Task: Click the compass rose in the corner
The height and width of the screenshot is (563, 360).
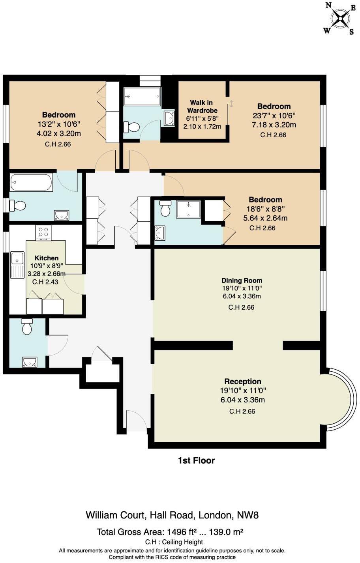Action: pyautogui.click(x=340, y=19)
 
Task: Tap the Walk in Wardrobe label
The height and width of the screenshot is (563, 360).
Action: pyautogui.click(x=202, y=106)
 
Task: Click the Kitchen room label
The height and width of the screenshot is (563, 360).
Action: pyautogui.click(x=47, y=258)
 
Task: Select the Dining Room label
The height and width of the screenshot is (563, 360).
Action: pyautogui.click(x=242, y=280)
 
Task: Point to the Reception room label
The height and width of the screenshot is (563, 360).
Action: pyautogui.click(x=243, y=381)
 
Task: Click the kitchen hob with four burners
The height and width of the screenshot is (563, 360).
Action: pyautogui.click(x=43, y=232)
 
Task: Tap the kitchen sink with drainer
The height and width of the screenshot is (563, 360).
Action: pyautogui.click(x=17, y=265)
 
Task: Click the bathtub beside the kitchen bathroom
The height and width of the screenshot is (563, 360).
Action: pyautogui.click(x=31, y=182)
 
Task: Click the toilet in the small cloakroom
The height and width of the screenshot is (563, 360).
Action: pyautogui.click(x=27, y=326)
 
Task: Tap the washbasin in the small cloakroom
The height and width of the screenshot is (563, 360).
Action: pyautogui.click(x=30, y=362)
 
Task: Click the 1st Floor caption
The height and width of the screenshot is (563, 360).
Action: pyautogui.click(x=196, y=460)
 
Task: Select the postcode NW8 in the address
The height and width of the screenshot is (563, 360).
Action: pyautogui.click(x=247, y=515)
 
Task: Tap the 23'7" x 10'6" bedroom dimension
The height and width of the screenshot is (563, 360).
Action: pyautogui.click(x=274, y=116)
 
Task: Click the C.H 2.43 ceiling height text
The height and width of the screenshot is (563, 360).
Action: pyautogui.click(x=45, y=282)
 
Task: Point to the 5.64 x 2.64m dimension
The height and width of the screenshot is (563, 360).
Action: pyautogui.click(x=265, y=218)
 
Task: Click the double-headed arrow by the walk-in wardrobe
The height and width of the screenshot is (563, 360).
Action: pyautogui.click(x=231, y=104)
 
